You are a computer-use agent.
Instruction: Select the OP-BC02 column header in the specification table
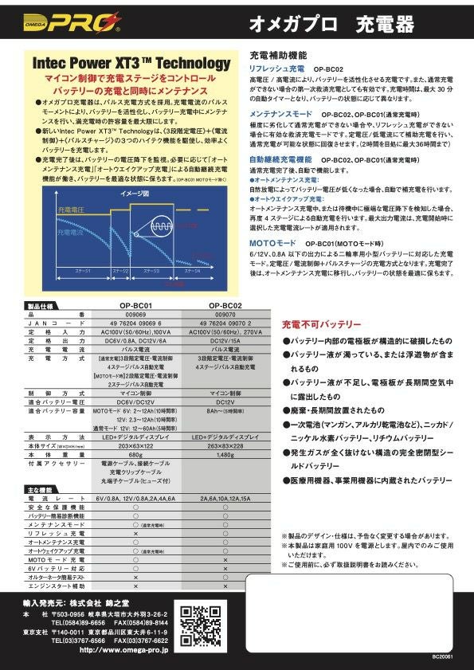pyautogui.click(x=225, y=304)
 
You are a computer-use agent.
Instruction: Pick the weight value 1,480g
pyautogui.click(x=225, y=455)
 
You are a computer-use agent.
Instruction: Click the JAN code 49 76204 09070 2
pyautogui.click(x=225, y=322)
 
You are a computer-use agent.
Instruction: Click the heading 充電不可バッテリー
pyautogui.click(x=322, y=323)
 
